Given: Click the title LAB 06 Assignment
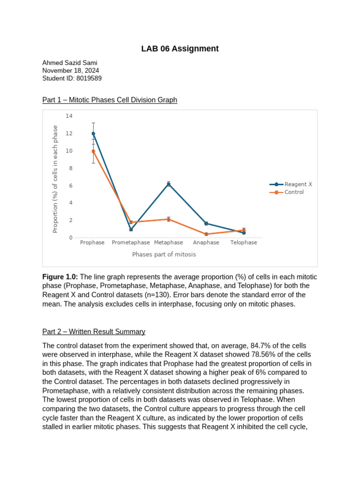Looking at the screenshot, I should click(180, 49).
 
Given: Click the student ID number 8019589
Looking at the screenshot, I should click(89, 78).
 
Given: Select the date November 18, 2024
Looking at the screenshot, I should click(70, 70).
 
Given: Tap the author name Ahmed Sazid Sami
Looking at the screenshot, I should click(70, 63).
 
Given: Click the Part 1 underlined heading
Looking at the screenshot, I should click(110, 100).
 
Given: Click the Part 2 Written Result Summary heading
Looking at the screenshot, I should click(94, 331).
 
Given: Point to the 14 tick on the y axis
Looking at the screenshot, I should click(69, 116).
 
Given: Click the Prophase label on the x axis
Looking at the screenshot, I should click(92, 242).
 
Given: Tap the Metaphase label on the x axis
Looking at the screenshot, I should click(168, 242).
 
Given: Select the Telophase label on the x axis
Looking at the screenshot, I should click(243, 242).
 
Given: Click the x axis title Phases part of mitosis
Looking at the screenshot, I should click(164, 255).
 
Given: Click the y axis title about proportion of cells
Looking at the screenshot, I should click(55, 179).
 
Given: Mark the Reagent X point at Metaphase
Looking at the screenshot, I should click(169, 184).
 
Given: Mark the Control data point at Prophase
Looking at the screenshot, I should click(93, 151).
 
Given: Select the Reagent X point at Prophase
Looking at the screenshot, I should click(93, 134).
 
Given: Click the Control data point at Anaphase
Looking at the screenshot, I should click(206, 234).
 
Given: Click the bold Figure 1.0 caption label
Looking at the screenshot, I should click(60, 277).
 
